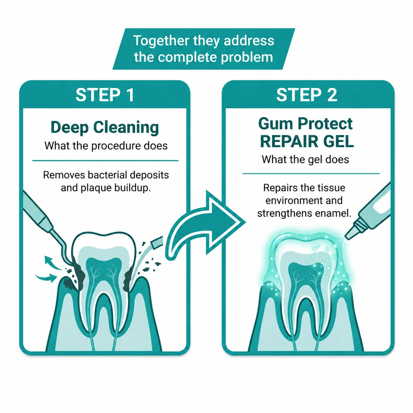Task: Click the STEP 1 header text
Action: point(105,95)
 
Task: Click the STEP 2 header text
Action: point(306,95)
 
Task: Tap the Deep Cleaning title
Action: point(105,127)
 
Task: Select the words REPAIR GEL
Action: point(307,141)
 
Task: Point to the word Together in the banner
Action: point(161,41)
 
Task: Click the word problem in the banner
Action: point(247,57)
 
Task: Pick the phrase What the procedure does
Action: point(106,146)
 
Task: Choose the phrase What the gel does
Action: point(306,160)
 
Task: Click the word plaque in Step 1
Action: point(96,188)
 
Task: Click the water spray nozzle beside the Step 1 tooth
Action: point(157,242)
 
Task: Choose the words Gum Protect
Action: point(306,124)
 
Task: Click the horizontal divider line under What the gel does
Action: point(311,174)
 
